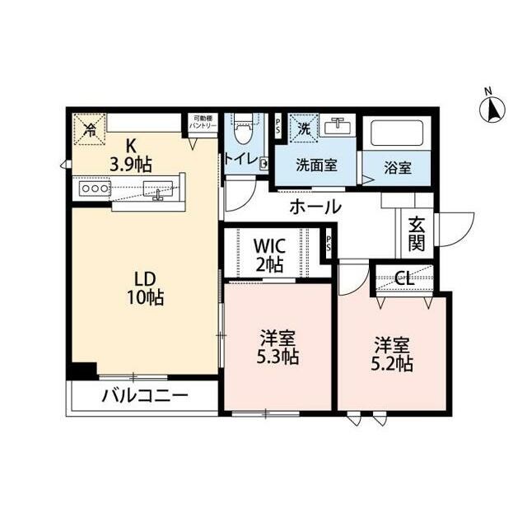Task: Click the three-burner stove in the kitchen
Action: pos(93,188)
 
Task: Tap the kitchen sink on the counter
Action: pos(156,189)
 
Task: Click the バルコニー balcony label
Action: pos(145,396)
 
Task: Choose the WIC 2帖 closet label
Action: pos(268,254)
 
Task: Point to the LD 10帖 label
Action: pos(144,288)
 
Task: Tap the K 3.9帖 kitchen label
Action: pos(130,156)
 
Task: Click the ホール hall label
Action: pos(315,207)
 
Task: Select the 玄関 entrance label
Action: pos(416,231)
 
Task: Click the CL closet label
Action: pos(403,277)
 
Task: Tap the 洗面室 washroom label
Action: pos(318,165)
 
